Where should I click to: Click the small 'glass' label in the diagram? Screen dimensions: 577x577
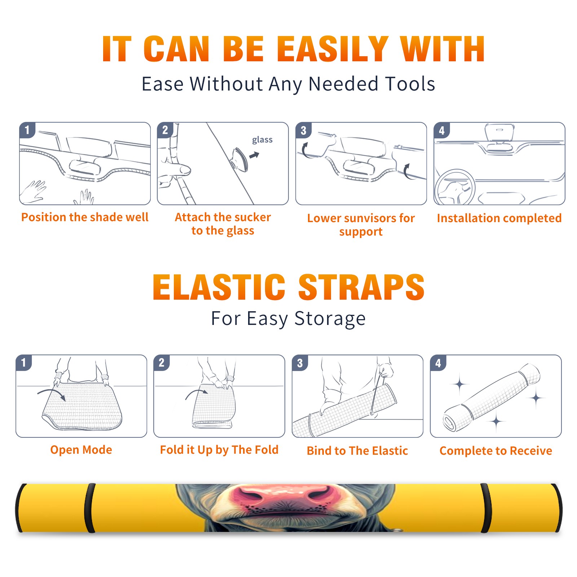coord(262,140)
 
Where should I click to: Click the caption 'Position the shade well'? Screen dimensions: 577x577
coord(85,217)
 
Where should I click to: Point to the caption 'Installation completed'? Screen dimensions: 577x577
coord(499,218)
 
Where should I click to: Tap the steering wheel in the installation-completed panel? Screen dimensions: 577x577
coord(455,188)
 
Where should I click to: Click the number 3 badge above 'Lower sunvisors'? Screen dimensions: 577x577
coord(304,131)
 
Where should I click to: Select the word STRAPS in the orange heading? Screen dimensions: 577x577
coord(361,287)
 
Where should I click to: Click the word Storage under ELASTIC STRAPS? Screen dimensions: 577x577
coord(330,319)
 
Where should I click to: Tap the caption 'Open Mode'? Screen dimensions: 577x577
coord(81,450)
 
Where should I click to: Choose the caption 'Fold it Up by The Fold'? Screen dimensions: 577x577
coord(219,450)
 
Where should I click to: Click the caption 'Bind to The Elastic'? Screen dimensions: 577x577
coord(357,451)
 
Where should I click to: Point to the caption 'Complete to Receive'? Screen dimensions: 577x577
coord(496,451)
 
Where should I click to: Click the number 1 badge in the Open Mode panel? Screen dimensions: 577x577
coord(24,363)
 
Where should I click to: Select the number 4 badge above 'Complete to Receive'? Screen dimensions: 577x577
coord(438,363)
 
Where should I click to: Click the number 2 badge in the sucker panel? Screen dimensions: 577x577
coord(165,130)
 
